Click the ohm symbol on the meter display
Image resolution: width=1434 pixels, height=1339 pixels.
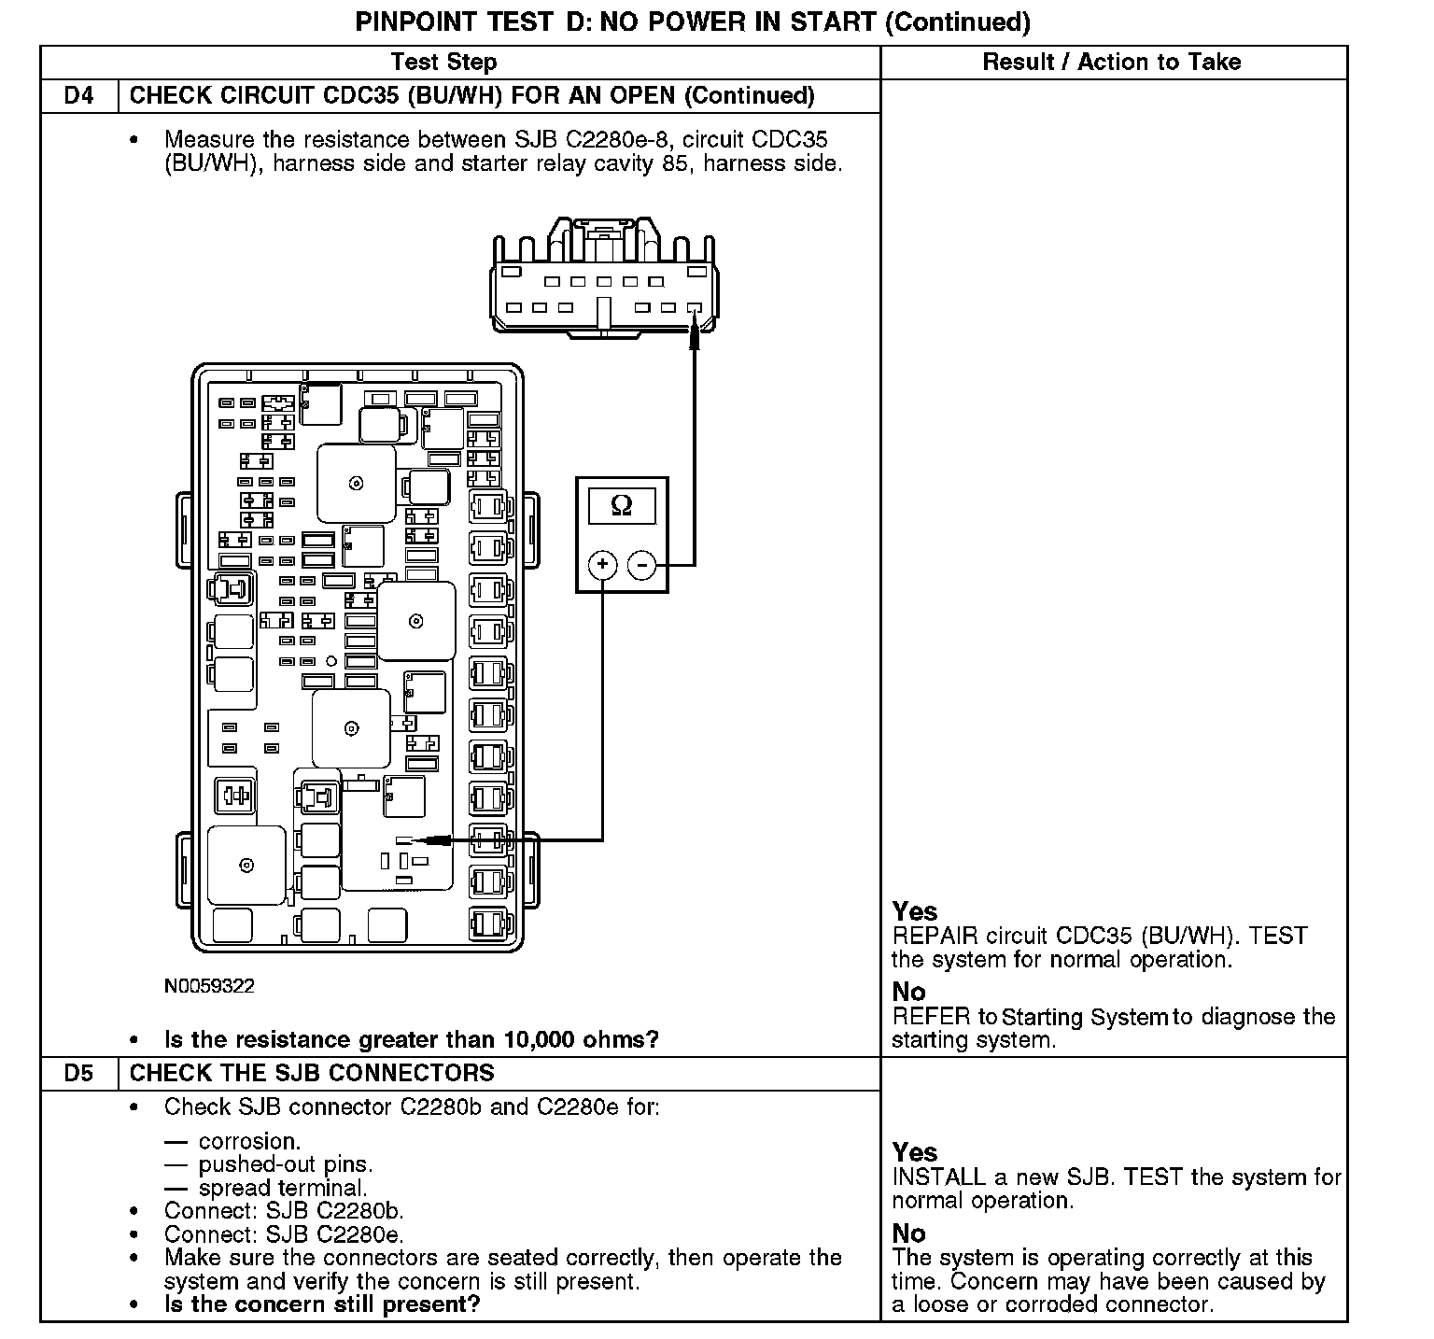621,506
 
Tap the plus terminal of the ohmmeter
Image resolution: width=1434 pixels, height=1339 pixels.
603,565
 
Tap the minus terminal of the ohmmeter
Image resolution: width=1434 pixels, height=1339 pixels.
641,565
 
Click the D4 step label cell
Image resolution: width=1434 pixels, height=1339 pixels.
79,95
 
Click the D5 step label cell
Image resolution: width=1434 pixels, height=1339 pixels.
79,1073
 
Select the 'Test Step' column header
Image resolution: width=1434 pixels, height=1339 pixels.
443,62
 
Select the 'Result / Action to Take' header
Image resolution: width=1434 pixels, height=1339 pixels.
1112,62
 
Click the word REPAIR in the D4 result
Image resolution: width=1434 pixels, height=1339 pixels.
935,936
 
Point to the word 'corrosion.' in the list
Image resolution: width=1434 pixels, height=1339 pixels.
249,1141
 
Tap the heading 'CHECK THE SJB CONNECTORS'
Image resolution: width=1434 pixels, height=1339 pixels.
312,1073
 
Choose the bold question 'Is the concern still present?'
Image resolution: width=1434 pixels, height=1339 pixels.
322,1304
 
